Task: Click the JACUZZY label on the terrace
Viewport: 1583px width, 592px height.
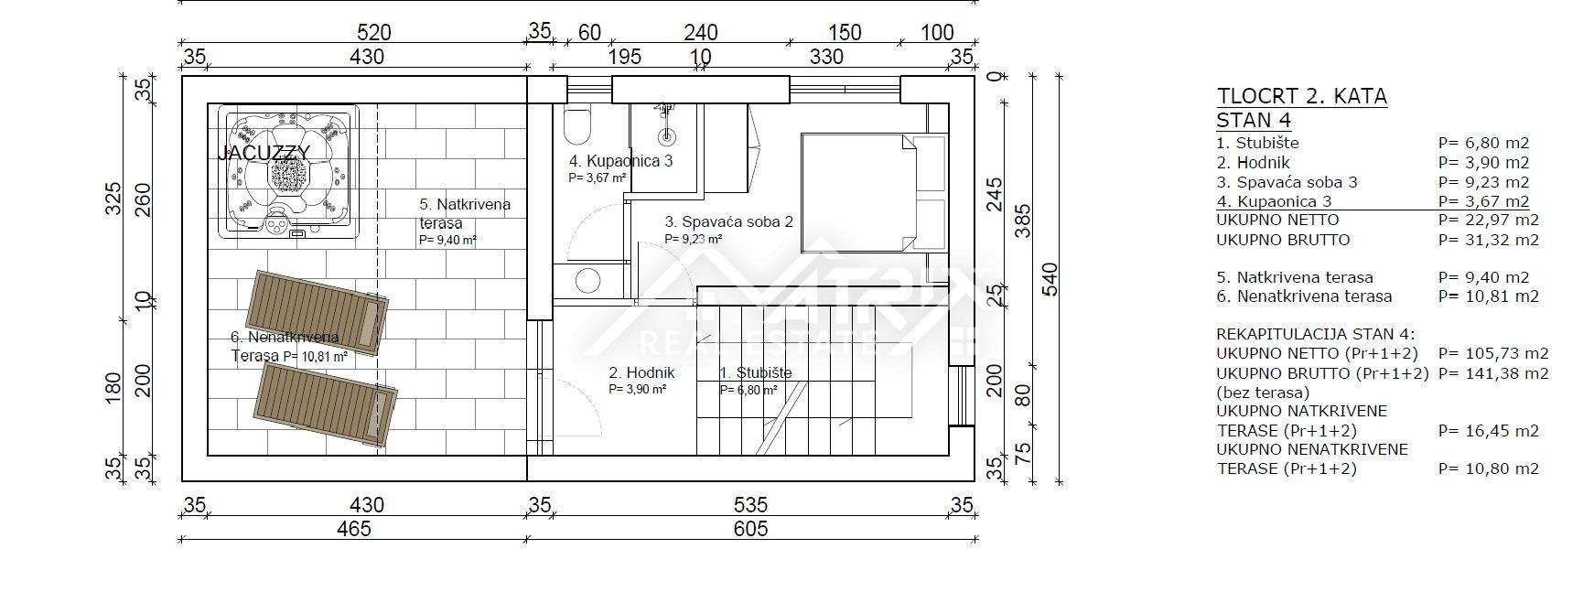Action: coord(264,153)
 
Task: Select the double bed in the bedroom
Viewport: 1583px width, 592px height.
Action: coord(859,191)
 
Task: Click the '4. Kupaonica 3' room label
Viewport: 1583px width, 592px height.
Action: coord(621,161)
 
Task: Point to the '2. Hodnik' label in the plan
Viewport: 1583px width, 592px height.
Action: coord(641,372)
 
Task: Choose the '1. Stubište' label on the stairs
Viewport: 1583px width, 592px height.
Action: coord(755,372)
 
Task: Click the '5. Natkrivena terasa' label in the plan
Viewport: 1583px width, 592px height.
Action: coord(465,213)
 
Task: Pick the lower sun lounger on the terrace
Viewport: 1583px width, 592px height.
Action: coord(326,404)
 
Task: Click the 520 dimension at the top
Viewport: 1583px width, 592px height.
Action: coord(373,33)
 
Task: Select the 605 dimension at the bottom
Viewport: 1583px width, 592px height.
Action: coord(750,528)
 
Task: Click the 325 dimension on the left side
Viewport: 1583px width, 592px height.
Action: coord(113,199)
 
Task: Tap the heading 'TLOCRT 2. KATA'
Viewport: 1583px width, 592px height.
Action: coord(1301,97)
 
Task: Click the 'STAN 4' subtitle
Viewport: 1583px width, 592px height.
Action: coord(1253,120)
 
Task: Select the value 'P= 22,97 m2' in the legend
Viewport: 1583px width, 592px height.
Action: coord(1488,220)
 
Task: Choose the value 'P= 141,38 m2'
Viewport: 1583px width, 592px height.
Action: coord(1493,373)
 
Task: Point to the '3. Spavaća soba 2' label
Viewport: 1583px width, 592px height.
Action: coord(728,221)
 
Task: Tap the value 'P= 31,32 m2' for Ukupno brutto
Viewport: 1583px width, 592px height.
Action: coord(1488,240)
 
